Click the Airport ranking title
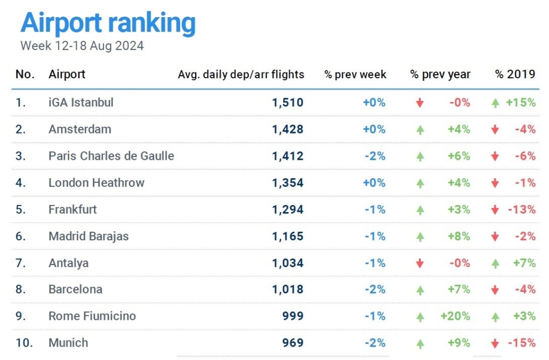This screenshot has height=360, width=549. pos(108,23)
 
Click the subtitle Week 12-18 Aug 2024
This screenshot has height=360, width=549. pos(82,46)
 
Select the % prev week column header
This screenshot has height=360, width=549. pos(355,75)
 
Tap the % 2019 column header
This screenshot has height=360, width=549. pos(515,75)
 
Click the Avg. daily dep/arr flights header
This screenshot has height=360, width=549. pos(241,75)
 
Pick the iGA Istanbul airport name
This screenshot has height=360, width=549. pos(81,102)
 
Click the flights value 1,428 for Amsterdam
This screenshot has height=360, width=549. pos(288,129)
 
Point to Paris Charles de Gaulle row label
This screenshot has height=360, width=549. pos(111,156)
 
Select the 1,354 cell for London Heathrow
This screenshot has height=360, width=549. pos(288,183)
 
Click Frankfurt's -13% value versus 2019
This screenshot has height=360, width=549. pos(522,210)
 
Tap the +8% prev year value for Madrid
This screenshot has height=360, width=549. pos(460,237)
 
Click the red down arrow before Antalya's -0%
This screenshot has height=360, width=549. pos(420,263)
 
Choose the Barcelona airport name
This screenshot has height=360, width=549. pos(75,290)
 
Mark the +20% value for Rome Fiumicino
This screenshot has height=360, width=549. pos(455,317)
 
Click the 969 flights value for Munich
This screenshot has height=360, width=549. pos(293,343)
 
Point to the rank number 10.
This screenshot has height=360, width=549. pos(21,343)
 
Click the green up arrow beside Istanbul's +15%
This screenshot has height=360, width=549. pos(495,102)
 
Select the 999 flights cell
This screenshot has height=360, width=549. pos(293,317)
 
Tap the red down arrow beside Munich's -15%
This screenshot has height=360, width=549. pos(495,343)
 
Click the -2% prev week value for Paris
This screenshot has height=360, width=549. pos(375,156)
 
